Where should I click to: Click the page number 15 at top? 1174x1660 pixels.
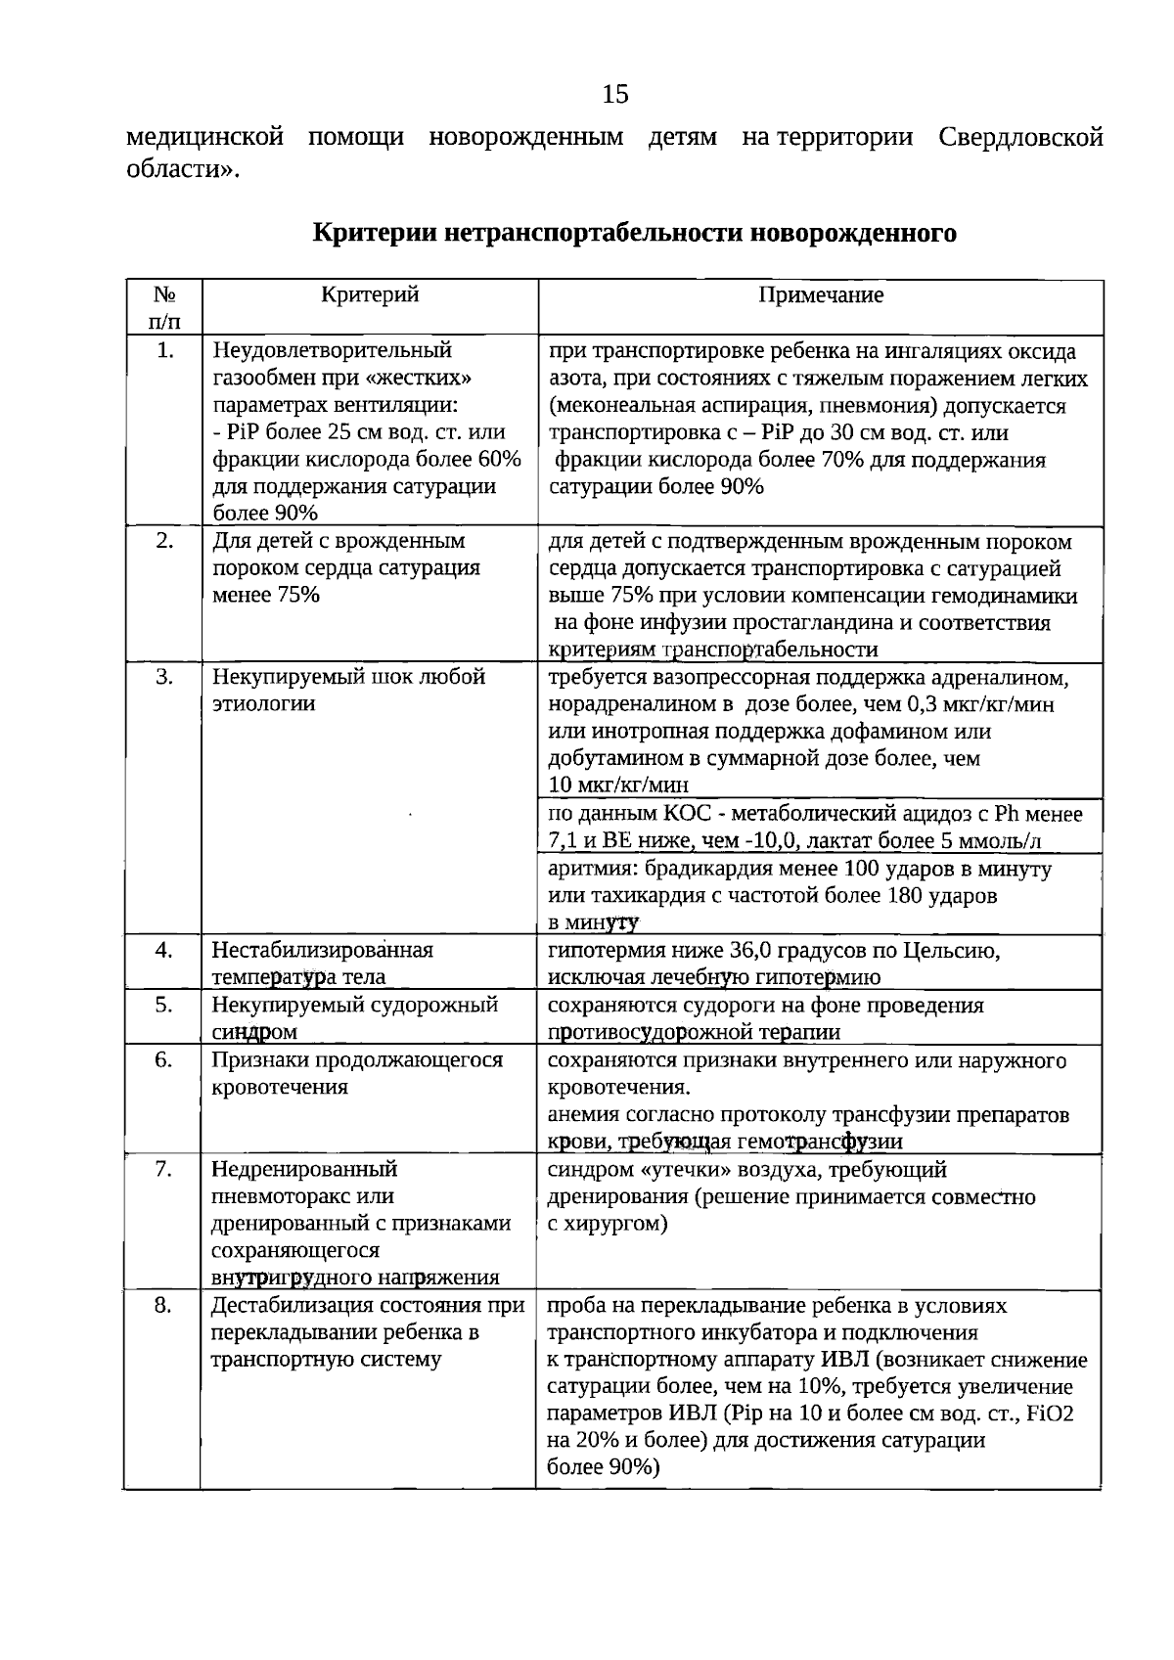coord(615,94)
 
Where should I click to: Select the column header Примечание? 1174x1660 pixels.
coord(821,295)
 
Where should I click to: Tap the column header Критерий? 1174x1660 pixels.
coord(370,294)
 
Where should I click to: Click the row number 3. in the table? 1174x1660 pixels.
coord(164,677)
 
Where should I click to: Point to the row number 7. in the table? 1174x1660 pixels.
coord(164,1169)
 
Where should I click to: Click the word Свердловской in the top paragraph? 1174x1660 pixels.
coord(1020,137)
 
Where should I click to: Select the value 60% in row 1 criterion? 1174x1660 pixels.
coord(499,460)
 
